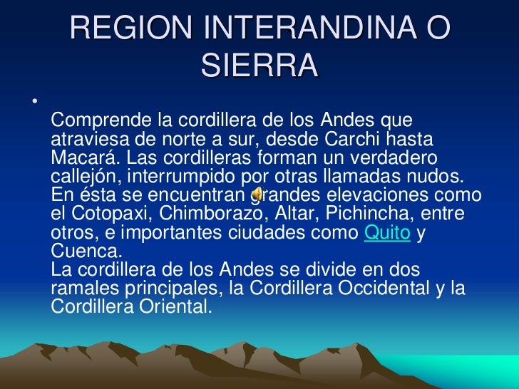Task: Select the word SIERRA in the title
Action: pyautogui.click(x=259, y=66)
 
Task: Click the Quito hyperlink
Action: pyautogui.click(x=387, y=234)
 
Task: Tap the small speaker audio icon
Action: pyautogui.click(x=258, y=193)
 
